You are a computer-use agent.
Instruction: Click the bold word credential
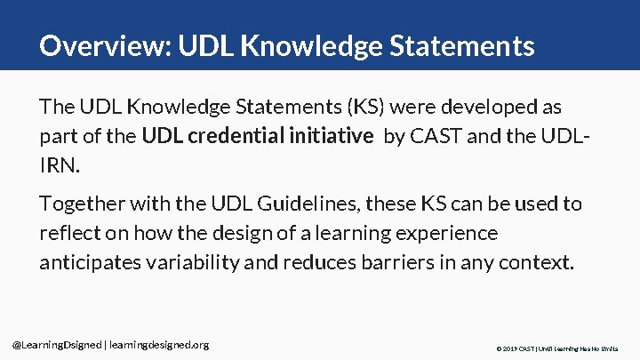[233, 136]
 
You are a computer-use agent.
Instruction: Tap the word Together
[81, 204]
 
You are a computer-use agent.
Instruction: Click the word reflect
[66, 233]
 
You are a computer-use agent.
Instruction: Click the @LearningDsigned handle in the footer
[55, 344]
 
